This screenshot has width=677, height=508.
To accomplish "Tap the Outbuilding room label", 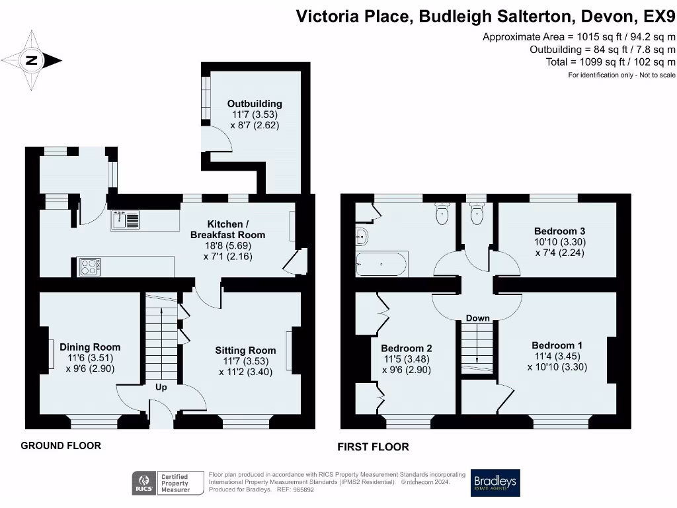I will [x=255, y=104].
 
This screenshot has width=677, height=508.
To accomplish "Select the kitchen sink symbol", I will [x=126, y=219].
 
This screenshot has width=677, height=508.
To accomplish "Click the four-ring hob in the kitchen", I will [x=89, y=267].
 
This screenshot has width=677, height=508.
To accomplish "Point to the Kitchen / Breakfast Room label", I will [x=227, y=230].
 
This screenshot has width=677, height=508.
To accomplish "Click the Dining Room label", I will [x=90, y=347].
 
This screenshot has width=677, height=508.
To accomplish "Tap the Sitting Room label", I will [x=245, y=350].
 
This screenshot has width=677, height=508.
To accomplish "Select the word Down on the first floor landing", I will [x=477, y=318].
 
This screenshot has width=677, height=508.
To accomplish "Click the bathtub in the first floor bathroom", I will [x=381, y=263].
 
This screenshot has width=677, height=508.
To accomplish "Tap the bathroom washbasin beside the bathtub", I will [x=361, y=235].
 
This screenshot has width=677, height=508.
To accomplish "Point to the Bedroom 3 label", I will [x=559, y=231].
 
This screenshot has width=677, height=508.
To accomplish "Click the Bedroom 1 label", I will [x=557, y=345].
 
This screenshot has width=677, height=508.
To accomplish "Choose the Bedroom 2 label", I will [x=406, y=348].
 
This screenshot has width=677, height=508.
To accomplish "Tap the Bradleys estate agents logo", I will [x=495, y=483].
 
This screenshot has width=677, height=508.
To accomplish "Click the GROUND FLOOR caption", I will [x=61, y=446].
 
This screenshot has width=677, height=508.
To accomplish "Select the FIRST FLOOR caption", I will [x=373, y=447].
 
